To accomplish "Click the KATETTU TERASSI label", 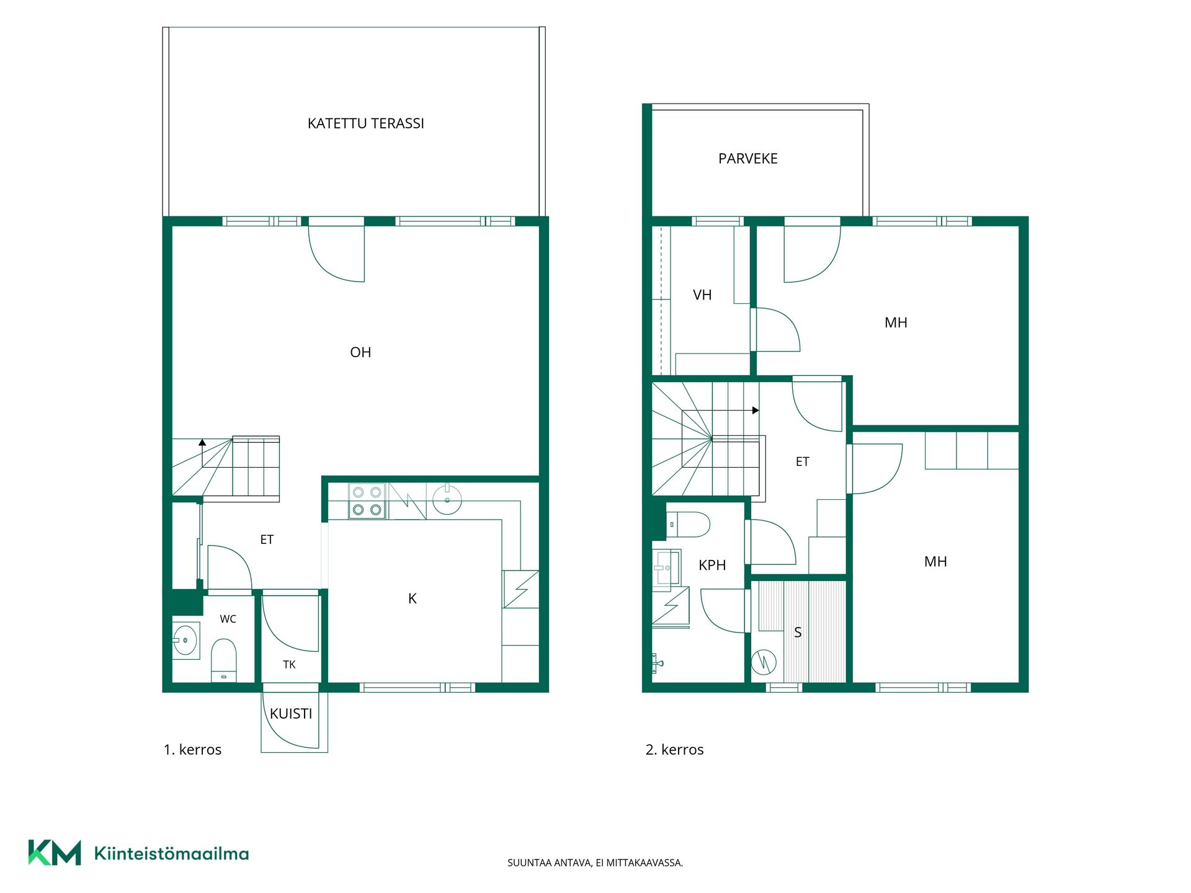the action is coord(366,123).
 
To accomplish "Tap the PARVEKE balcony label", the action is coord(747,159).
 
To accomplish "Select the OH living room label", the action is coord(360,352).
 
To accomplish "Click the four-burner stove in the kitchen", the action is coord(367,501).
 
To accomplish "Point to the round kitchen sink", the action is coord(447,500).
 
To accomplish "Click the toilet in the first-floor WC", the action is coord(224,660).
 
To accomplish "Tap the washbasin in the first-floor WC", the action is coord(185,640).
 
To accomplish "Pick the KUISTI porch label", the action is coord(291,714).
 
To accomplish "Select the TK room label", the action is coord(289,665).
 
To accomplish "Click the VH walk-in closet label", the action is coord(702,295).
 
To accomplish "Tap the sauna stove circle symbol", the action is coord(764,662).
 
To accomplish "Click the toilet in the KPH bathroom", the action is coord(688,524).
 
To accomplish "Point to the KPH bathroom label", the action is coord(712,565).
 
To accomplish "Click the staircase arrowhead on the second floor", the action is coord(756,411).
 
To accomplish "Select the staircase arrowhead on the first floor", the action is coord(202,442).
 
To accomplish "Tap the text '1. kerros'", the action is coord(192,750).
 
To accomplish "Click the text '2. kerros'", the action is coord(674,750).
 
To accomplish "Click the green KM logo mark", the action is coord(55,853).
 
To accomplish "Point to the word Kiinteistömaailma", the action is coord(171,853).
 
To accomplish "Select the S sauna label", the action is coord(798,633).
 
